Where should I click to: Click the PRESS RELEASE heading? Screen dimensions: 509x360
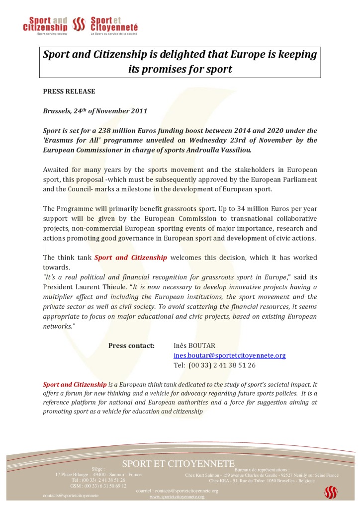69,91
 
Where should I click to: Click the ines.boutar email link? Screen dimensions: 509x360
229,355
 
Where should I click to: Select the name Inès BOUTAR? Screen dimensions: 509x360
195,345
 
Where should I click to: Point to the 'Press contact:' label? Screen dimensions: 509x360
131,345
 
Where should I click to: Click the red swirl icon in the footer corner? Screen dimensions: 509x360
331,492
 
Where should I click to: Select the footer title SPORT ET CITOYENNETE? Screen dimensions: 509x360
179,464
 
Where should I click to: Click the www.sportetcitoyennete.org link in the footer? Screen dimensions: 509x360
177,497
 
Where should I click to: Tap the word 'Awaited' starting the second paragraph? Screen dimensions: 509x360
58,170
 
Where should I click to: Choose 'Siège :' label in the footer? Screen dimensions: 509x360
98,468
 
